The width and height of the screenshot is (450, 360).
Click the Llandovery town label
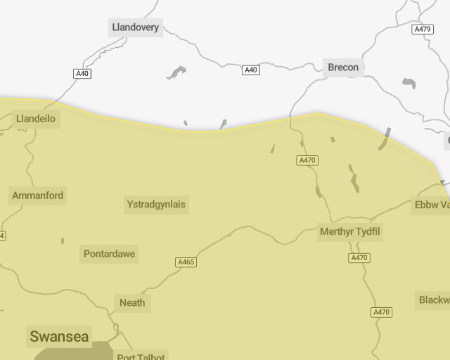pyautogui.click(x=136, y=28)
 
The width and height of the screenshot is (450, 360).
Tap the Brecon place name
pyautogui.click(x=343, y=67)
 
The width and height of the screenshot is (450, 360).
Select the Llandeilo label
pyautogui.click(x=36, y=119)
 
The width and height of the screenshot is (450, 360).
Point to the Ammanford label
pyautogui.click(x=38, y=195)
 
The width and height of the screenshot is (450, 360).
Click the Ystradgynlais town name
pyautogui.click(x=156, y=205)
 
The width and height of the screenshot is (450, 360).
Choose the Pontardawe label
pyautogui.click(x=110, y=254)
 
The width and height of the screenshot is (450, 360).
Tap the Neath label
pyautogui.click(x=132, y=302)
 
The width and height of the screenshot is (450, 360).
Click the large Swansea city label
pyautogui.click(x=59, y=336)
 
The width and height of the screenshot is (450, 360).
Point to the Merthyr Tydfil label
pyautogui.click(x=351, y=231)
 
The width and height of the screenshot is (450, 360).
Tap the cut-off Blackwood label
pyautogui.click(x=434, y=300)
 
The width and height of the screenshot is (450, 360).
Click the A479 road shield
pyautogui.click(x=423, y=30)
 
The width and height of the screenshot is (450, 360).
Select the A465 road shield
pyautogui.click(x=186, y=262)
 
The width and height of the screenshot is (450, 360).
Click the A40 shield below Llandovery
pyautogui.click(x=82, y=74)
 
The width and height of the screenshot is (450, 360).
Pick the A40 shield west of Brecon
pyautogui.click(x=251, y=70)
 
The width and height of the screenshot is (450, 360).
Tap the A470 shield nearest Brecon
pyautogui.click(x=308, y=160)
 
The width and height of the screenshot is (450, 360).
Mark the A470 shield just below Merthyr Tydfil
pyautogui.click(x=359, y=258)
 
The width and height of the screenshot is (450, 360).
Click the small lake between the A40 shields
pyautogui.click(x=176, y=72)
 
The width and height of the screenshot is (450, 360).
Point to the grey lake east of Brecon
pyautogui.click(x=409, y=84)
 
